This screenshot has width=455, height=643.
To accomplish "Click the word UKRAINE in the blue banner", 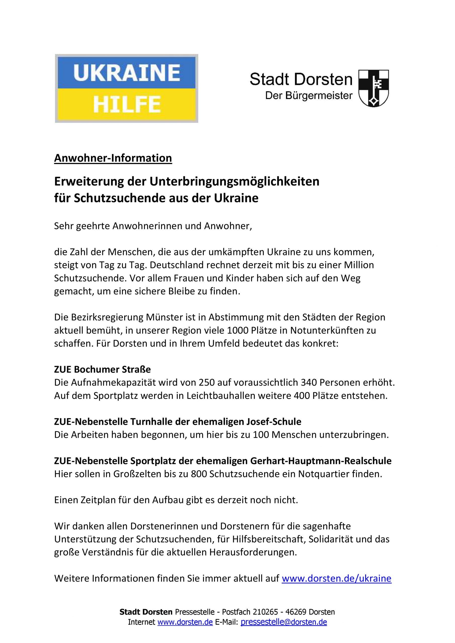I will pos(127,73).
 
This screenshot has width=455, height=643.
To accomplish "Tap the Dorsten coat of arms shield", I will pos(374,88).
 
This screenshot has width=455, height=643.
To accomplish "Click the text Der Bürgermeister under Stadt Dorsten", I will pos(309,96).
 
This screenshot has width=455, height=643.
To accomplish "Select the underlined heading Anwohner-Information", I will pos(113,158).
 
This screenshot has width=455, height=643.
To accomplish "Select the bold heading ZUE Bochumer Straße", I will pos(102,369).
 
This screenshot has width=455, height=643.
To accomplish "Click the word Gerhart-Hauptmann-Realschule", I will pos(321,461).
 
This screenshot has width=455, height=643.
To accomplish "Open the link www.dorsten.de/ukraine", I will pos(336,578).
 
